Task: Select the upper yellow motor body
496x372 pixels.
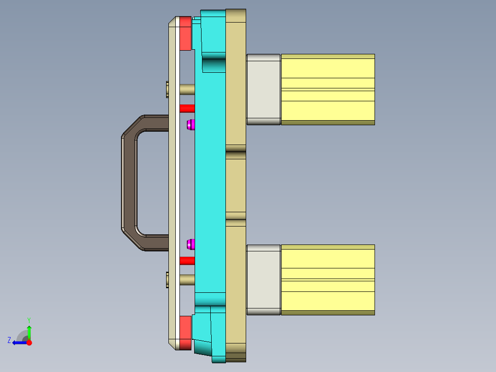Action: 328,89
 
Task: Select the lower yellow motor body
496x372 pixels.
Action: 328,280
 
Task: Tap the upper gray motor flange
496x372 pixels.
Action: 264,89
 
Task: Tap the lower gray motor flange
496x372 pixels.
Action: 264,280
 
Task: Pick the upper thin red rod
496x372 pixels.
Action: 187,109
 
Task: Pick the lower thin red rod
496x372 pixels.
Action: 187,261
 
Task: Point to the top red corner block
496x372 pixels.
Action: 185,34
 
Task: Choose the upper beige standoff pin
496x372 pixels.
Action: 187,89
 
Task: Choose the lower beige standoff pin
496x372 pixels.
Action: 187,279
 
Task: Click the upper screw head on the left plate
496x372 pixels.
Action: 167,89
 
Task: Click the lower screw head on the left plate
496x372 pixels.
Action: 167,279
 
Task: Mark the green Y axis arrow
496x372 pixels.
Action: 29,331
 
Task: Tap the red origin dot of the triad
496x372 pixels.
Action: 29,343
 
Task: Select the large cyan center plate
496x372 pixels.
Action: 210,184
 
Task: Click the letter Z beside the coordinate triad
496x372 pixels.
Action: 9,340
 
